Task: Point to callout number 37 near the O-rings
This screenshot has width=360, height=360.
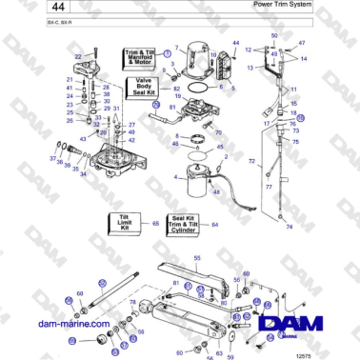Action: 51,158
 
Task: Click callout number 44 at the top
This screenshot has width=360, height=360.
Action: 236,44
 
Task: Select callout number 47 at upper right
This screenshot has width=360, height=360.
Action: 303,44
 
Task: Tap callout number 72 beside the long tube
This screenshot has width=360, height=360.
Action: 251,163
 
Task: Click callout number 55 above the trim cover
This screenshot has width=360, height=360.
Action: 196,259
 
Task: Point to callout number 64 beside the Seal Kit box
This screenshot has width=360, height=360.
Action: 214,225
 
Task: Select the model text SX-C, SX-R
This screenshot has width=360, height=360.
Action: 32,21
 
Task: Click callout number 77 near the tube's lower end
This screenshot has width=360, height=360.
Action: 269,188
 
